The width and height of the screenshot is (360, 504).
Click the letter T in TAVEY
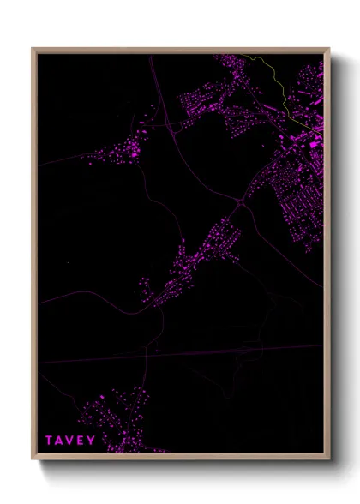50,441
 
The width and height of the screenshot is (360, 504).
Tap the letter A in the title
62,441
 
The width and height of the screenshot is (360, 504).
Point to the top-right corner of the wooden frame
329,49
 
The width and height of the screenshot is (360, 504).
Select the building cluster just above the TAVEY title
120,411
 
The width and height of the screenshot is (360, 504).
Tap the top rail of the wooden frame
180,50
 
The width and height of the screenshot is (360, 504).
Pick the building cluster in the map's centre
197,257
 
